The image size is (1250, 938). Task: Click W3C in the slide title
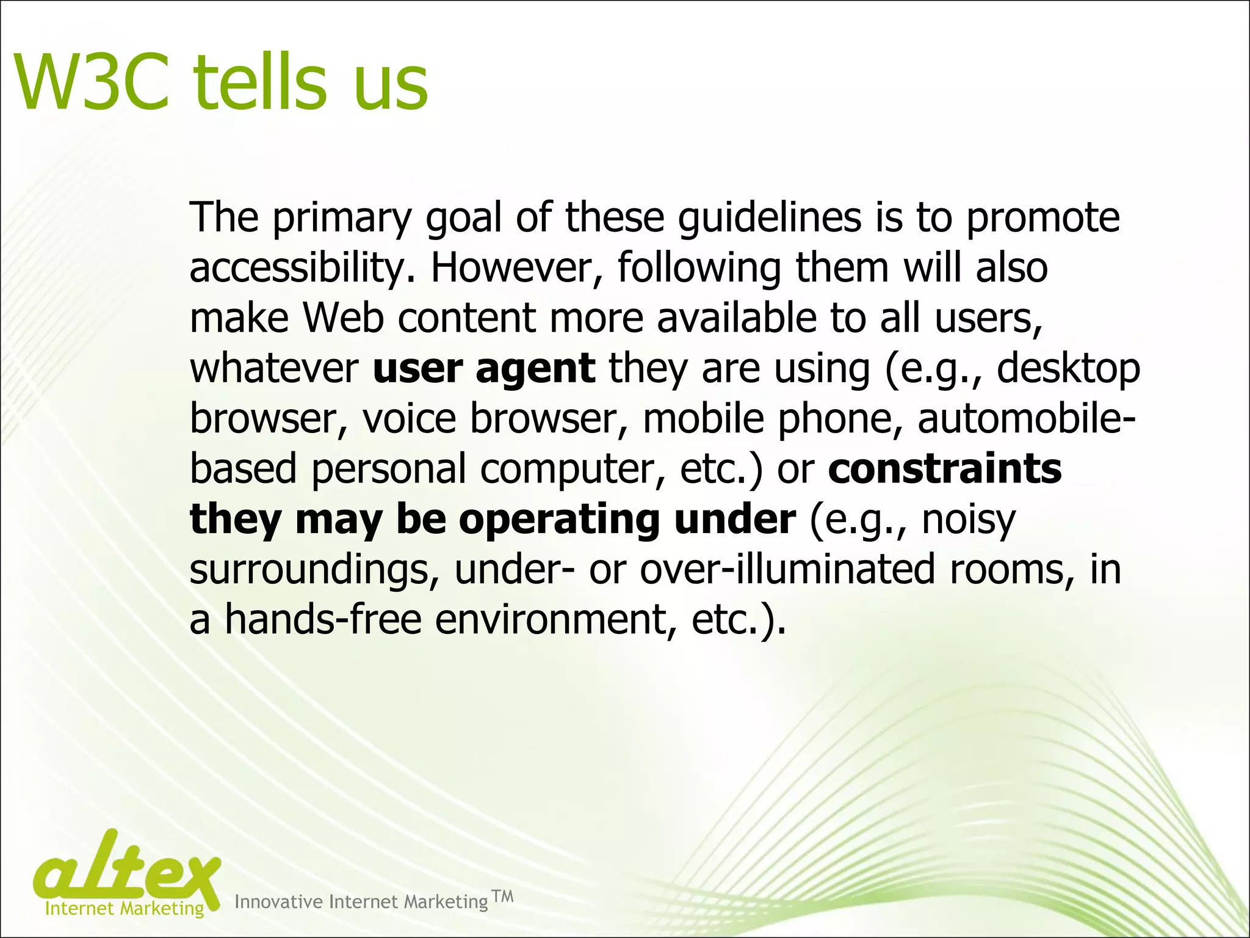pyautogui.click(x=92, y=82)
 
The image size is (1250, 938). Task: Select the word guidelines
pyautogui.click(x=770, y=219)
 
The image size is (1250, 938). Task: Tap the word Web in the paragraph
pyautogui.click(x=343, y=319)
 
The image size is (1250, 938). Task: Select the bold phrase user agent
pyautogui.click(x=483, y=369)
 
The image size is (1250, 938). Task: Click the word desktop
pyautogui.click(x=1068, y=369)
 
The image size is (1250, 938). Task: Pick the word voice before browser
pyautogui.click(x=409, y=420)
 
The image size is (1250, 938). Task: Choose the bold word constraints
pyautogui.click(x=945, y=469)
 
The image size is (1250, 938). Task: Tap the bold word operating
pyautogui.click(x=559, y=520)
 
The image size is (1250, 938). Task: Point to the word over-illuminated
pyautogui.click(x=787, y=570)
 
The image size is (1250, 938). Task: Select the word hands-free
pyautogui.click(x=323, y=620)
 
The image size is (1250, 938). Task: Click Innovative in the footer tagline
pyautogui.click(x=278, y=902)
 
